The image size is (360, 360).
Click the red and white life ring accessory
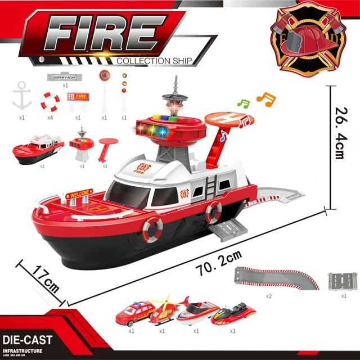tap(50, 101)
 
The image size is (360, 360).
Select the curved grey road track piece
tap(276, 277)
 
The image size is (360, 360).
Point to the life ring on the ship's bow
tap(152, 228)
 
